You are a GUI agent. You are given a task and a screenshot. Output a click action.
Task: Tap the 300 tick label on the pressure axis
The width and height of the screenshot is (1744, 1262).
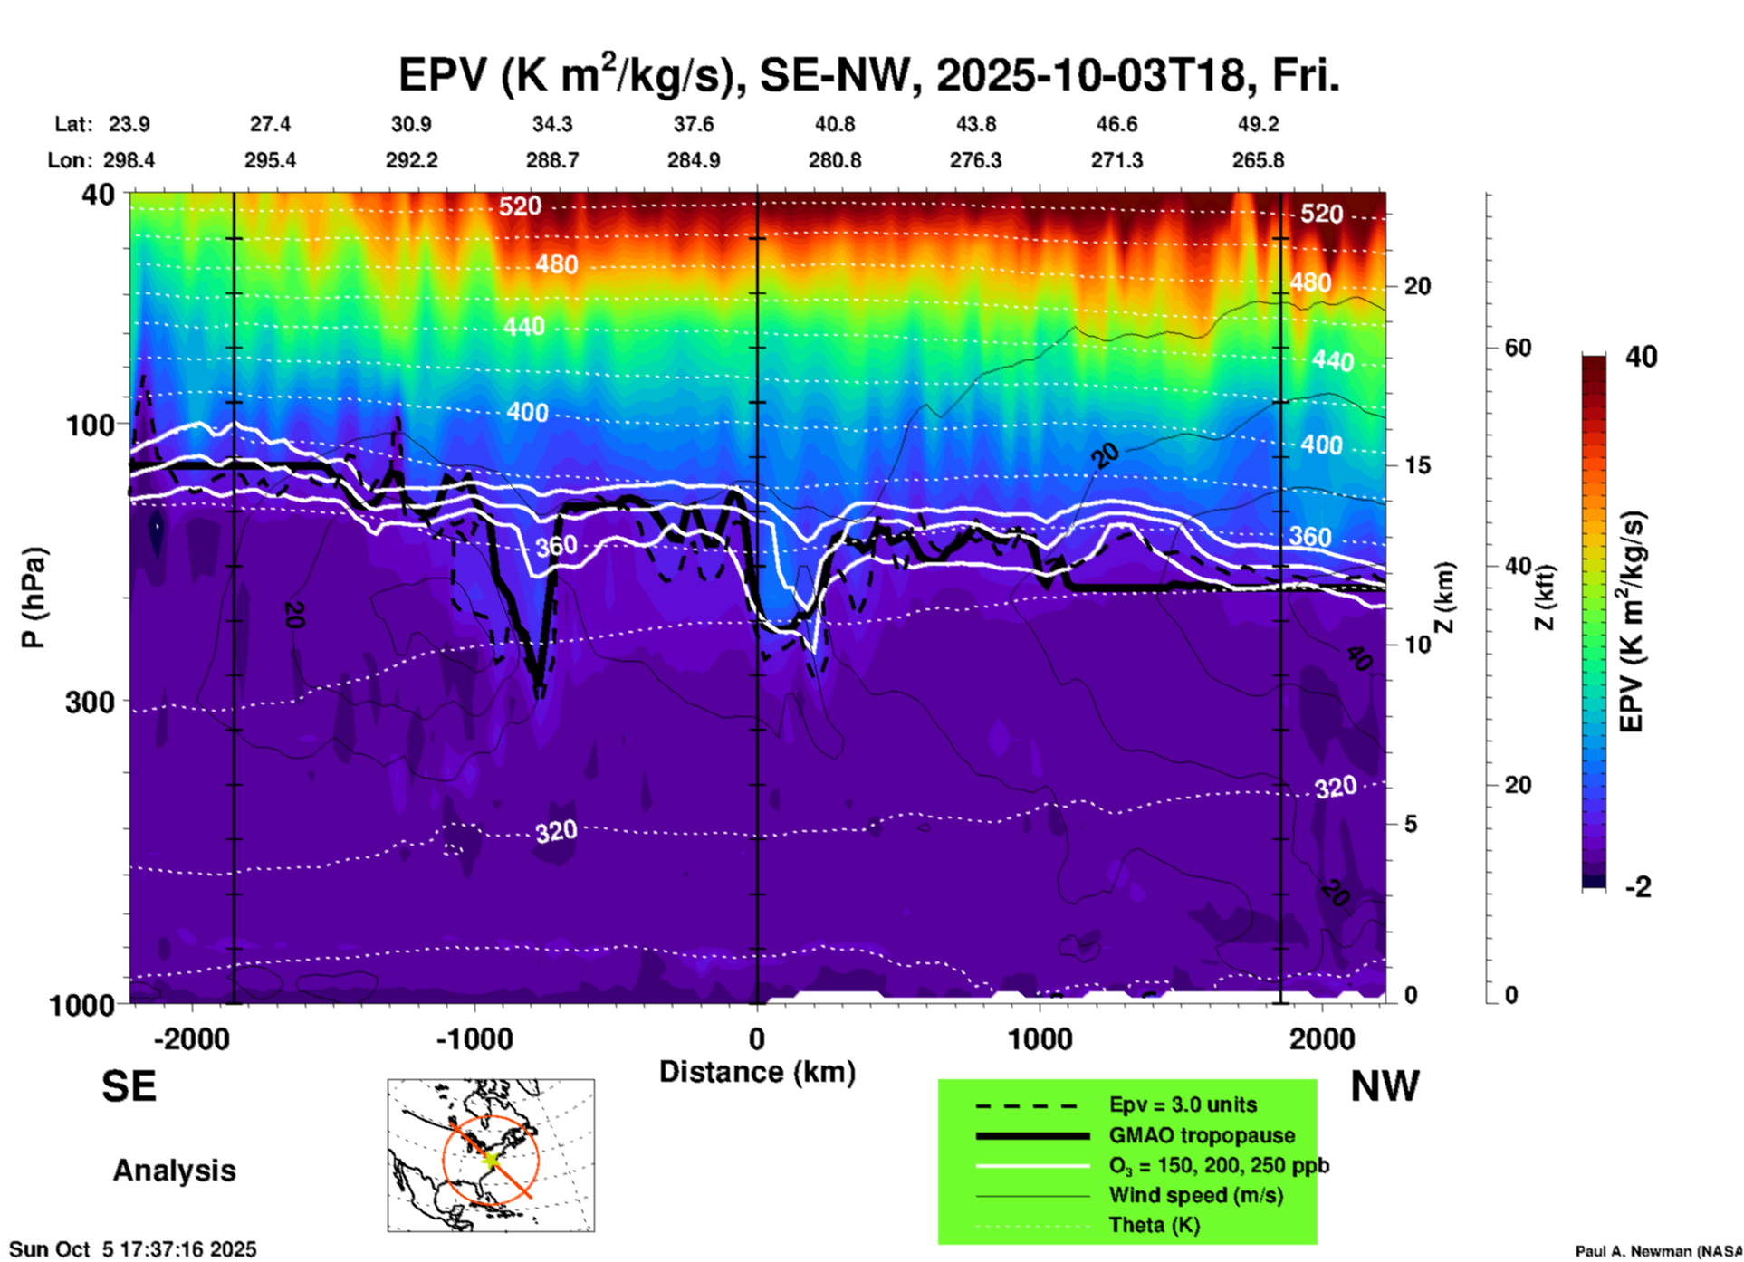(91, 702)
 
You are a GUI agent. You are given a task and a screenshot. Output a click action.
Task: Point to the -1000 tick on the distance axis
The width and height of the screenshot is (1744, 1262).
(474, 1039)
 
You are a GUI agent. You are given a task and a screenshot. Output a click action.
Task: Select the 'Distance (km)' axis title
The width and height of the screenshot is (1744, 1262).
(757, 1072)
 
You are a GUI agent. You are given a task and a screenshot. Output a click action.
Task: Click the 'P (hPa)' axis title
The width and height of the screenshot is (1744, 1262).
(34, 598)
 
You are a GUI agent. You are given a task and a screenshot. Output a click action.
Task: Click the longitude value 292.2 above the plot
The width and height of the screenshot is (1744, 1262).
(412, 160)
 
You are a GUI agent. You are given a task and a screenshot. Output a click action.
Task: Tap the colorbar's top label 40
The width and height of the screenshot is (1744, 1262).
(1640, 357)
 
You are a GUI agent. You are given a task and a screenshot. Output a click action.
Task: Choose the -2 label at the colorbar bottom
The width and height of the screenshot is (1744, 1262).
(1638, 887)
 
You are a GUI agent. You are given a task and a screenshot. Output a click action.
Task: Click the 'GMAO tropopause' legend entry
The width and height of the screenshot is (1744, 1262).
(1202, 1135)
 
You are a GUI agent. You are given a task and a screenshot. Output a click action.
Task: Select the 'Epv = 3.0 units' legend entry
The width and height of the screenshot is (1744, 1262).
(1183, 1104)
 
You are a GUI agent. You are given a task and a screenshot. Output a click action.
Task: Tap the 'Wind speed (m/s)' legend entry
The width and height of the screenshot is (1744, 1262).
(1195, 1196)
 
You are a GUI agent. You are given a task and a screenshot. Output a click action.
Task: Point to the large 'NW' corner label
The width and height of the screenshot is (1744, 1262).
(1385, 1086)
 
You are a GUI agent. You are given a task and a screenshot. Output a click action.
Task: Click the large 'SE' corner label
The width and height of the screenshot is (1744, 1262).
(129, 1086)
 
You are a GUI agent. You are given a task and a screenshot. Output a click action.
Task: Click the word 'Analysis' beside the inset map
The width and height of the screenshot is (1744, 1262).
(174, 1170)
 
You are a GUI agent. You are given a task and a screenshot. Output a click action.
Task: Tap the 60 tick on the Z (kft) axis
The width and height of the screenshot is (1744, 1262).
(1517, 348)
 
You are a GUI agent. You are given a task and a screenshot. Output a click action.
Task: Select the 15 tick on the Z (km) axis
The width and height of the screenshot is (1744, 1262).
(1417, 465)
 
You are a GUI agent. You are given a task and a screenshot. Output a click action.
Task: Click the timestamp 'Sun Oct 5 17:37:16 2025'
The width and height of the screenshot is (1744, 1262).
(133, 1249)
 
